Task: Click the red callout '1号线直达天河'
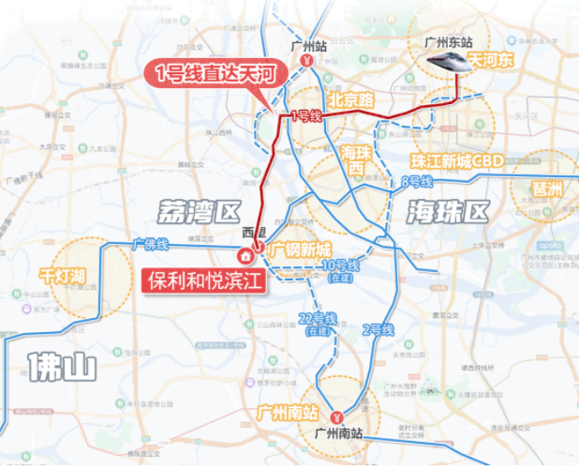(x=212, y=71)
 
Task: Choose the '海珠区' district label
(x=448, y=212)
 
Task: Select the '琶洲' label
(x=546, y=188)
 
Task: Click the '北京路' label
(x=351, y=98)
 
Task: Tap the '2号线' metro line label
(x=379, y=330)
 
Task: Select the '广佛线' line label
(x=150, y=244)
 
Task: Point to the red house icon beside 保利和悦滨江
(x=245, y=254)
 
